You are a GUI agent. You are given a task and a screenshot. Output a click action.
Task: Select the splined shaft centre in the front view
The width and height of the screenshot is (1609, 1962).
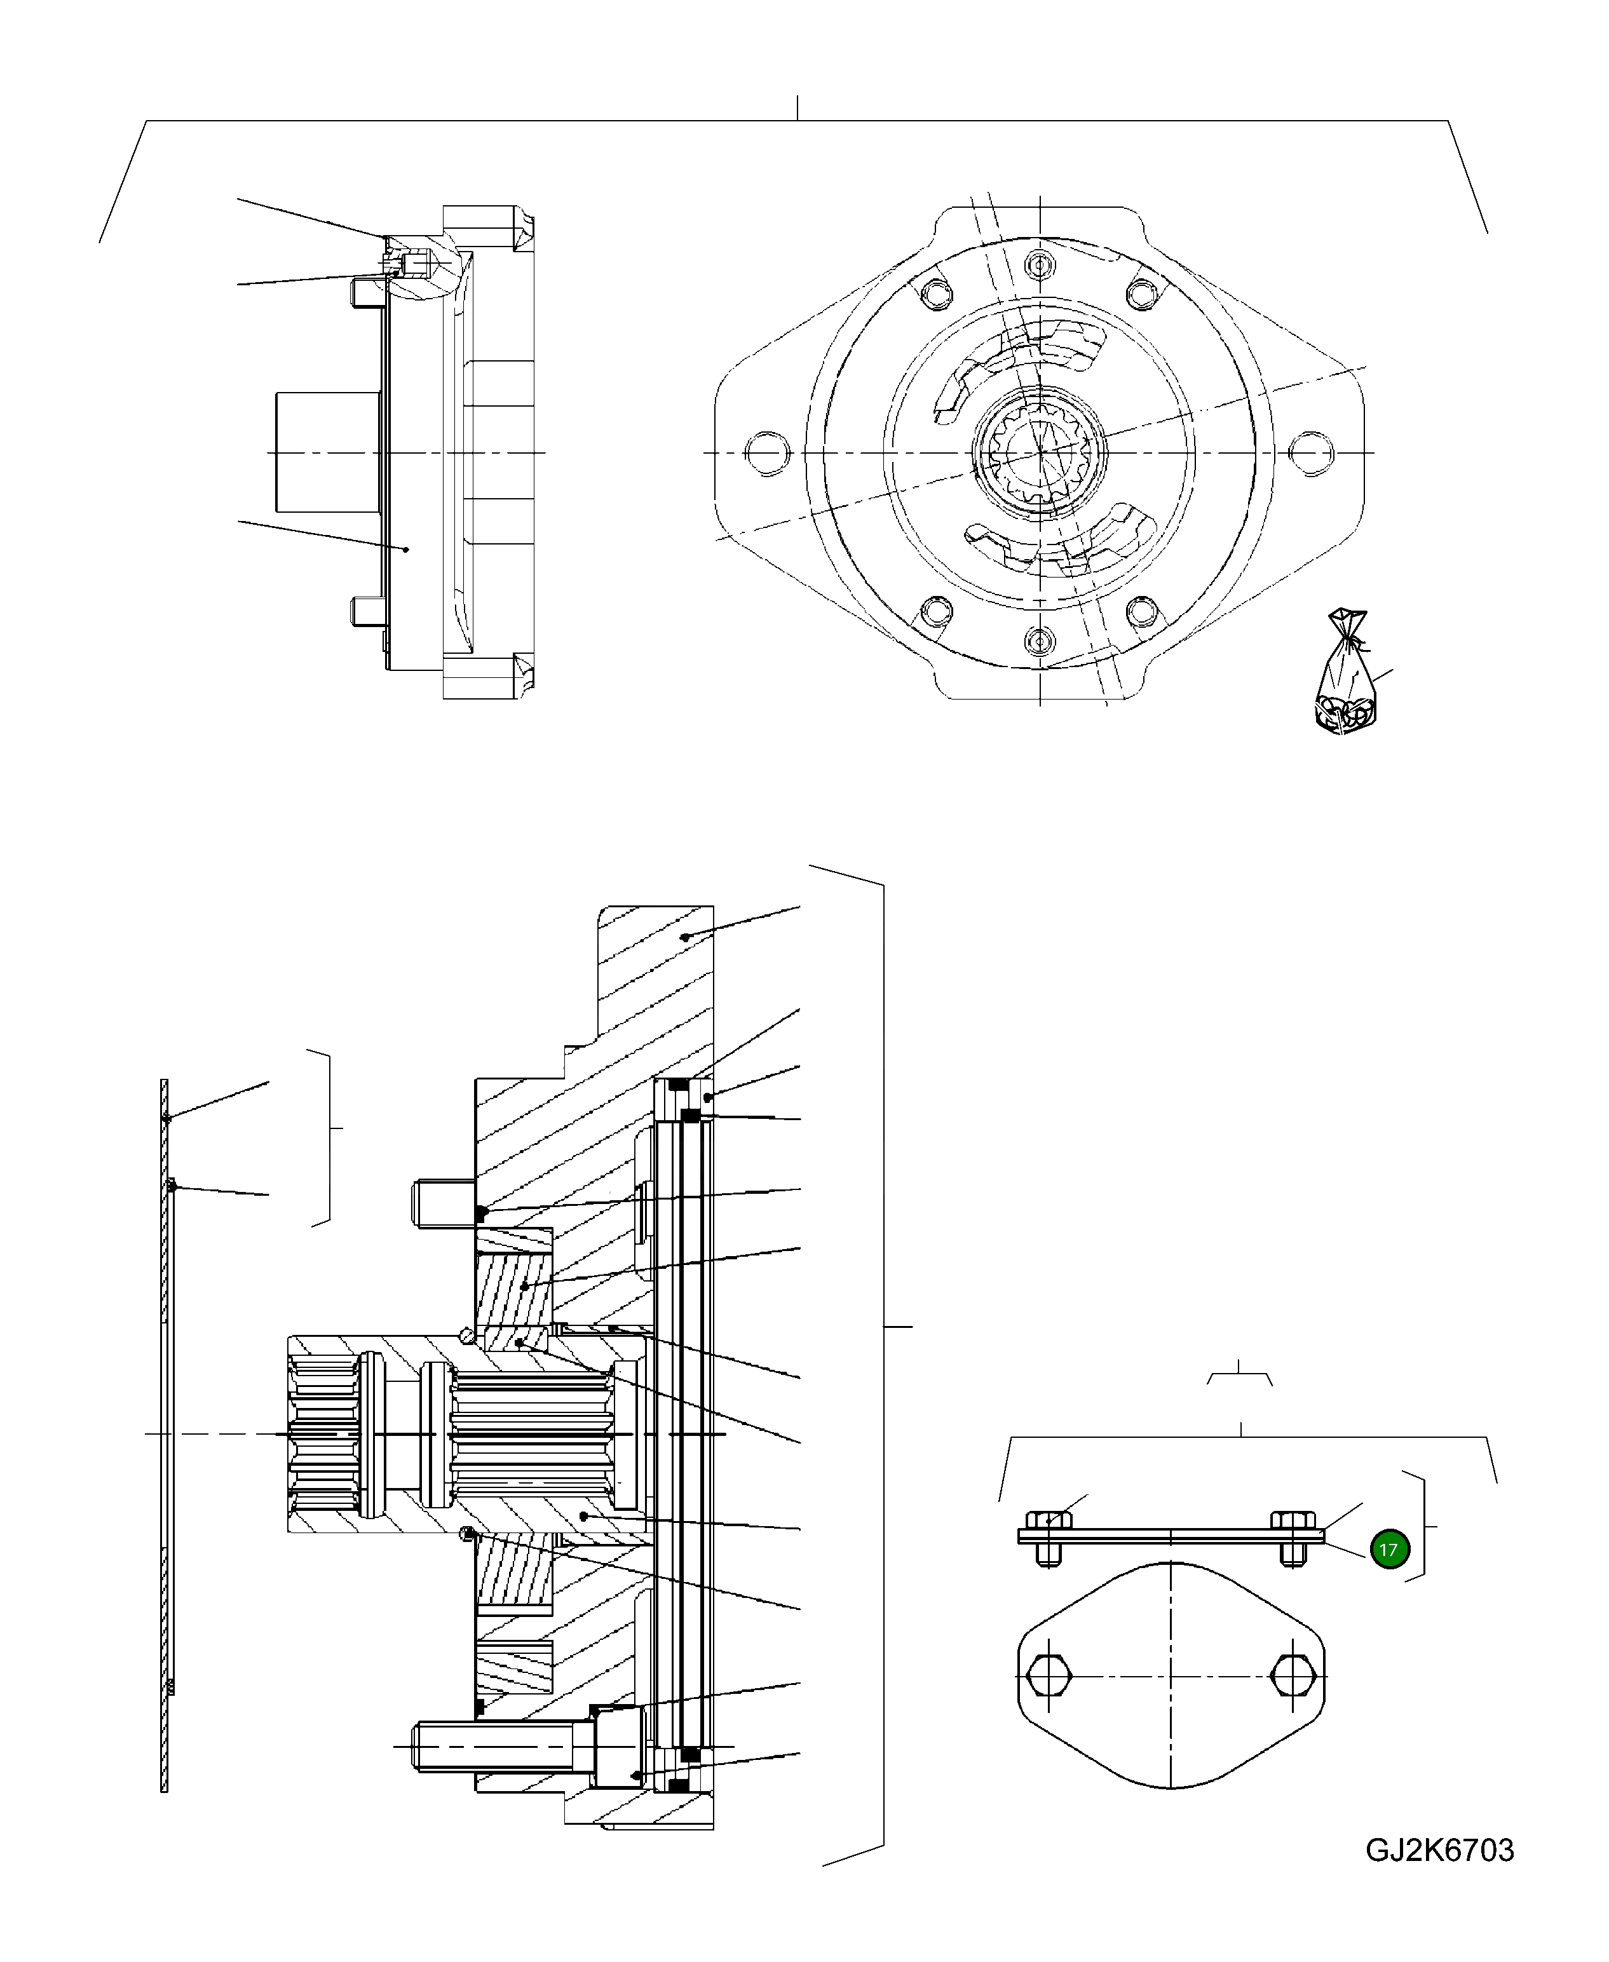pyautogui.click(x=1040, y=452)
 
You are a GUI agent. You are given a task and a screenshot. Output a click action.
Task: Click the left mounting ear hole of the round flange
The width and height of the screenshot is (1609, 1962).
pyautogui.click(x=768, y=452)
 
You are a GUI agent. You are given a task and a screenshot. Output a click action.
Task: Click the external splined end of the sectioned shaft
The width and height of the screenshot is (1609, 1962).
pyautogui.click(x=324, y=1434)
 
